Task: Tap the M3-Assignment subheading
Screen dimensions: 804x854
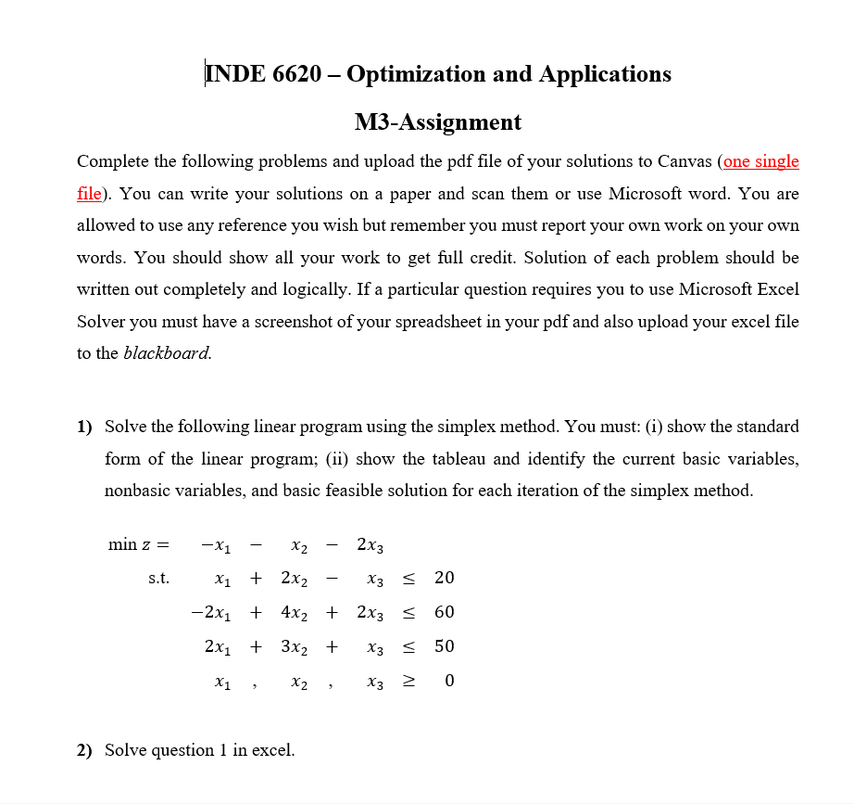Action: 437,121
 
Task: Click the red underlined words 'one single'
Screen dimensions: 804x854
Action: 760,161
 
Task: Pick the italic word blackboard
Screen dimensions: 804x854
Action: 167,352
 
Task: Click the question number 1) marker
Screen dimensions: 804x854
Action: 85,427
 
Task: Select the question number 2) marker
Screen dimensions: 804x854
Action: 85,750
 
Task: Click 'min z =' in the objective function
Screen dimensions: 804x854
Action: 139,544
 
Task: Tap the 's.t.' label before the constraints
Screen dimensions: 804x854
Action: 158,579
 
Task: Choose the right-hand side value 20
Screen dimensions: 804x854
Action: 444,578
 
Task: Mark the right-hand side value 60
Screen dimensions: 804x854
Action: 444,612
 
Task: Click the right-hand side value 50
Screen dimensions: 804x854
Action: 444,646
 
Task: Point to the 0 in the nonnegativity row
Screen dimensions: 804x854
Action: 448,682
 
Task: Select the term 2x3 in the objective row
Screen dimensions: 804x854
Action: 368,544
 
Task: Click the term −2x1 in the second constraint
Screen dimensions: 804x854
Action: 211,612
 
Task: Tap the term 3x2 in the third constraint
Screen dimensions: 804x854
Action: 295,646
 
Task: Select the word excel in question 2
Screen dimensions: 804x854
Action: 272,750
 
